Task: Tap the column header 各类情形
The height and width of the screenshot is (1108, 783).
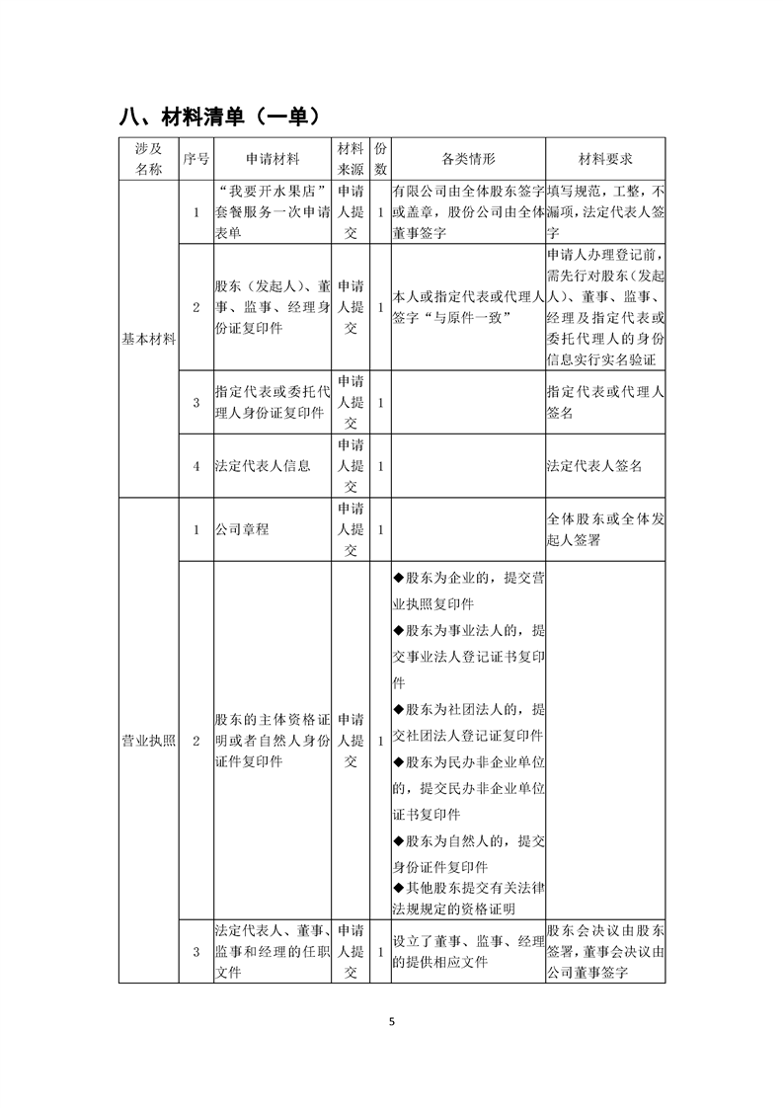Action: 468,158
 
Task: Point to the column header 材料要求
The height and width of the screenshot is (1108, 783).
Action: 605,158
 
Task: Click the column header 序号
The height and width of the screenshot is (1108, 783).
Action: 196,158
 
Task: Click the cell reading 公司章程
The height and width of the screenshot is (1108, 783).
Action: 242,529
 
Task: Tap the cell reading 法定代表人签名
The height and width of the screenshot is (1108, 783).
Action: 593,465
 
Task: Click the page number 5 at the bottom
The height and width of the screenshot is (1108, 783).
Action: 392,1021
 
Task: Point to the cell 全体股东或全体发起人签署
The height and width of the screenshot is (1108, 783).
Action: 605,529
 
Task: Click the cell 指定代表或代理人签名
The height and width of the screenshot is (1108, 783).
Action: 605,403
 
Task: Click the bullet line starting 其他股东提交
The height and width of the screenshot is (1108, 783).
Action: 468,899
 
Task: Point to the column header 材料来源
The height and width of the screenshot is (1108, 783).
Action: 351,158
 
